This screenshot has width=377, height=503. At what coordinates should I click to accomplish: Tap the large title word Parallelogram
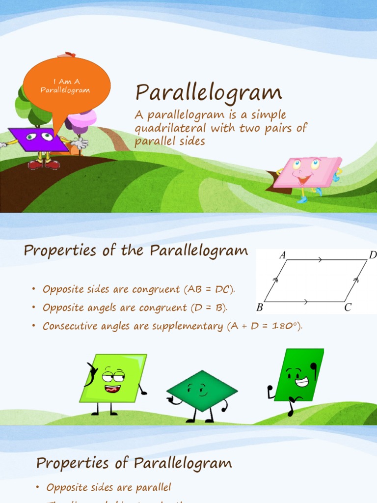pos(209,93)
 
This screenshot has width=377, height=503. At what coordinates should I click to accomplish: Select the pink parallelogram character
pos(307,172)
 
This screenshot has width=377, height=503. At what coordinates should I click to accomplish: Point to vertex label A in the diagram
pos(282,255)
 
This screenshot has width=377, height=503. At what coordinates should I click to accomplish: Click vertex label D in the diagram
pos(372,255)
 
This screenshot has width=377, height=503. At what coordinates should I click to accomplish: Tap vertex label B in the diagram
pos(259,308)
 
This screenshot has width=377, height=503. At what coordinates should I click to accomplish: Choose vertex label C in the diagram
pos(348,308)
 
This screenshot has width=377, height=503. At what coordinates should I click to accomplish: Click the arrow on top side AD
pos(320,260)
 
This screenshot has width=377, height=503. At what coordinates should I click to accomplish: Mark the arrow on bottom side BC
pos(306,302)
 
